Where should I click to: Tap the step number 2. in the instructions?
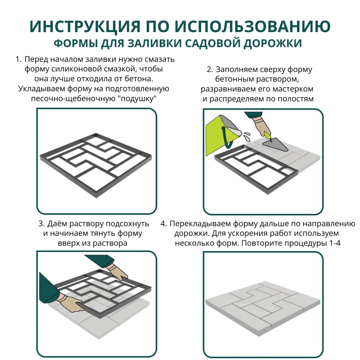(210, 69)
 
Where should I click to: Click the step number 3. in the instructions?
(41, 224)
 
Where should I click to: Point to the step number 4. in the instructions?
(164, 224)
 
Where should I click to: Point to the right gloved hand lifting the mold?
(119, 272)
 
